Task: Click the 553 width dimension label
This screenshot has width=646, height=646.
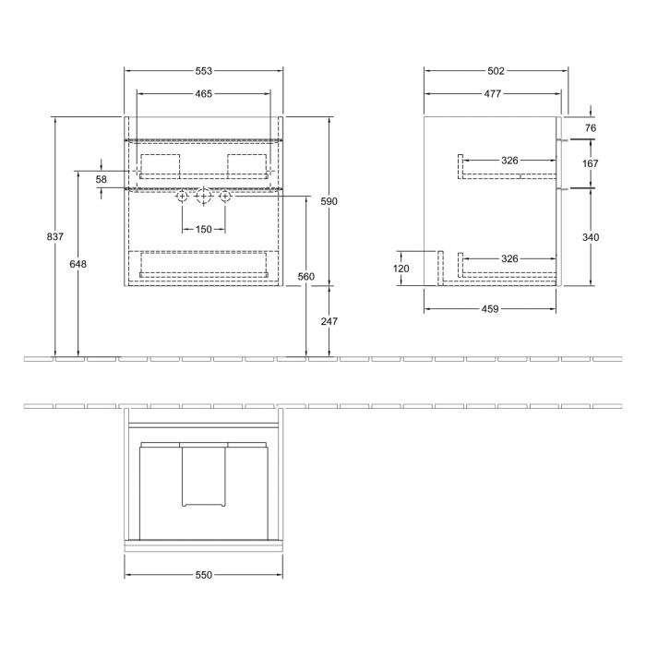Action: (x=203, y=71)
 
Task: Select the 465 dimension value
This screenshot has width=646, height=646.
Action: (x=203, y=93)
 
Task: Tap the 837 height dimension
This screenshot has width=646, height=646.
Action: (x=54, y=237)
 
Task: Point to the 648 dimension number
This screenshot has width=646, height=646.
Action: (x=78, y=264)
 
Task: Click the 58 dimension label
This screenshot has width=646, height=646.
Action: (x=102, y=179)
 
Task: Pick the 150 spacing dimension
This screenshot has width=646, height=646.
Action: (x=203, y=229)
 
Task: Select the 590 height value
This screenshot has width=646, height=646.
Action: (x=329, y=201)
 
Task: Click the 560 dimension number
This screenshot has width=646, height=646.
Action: (x=306, y=276)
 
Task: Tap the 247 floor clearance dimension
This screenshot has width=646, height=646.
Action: (x=329, y=321)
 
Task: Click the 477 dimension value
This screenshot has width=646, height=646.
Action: (x=492, y=93)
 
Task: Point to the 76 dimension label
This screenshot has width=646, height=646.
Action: (x=591, y=128)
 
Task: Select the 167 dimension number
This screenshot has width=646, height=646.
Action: (x=591, y=163)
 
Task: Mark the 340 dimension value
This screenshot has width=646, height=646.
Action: (x=591, y=237)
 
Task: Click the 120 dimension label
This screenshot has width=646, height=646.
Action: (x=401, y=269)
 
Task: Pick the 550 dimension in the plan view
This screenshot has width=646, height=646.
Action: (x=203, y=575)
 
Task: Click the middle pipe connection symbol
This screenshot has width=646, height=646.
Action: (x=203, y=197)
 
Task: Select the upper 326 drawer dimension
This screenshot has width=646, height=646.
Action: (x=509, y=161)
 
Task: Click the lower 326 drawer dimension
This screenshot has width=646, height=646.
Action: (x=509, y=259)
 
